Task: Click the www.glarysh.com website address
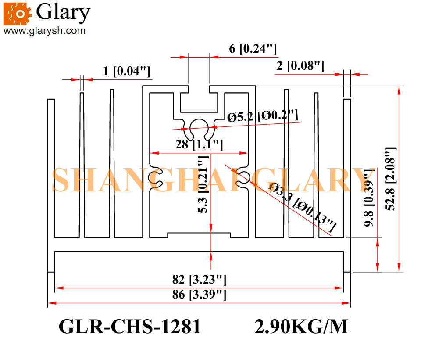coord(44,31)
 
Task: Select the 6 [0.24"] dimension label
coord(253,49)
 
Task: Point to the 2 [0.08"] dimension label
coord(300,66)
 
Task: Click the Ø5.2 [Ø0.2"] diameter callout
coord(263,117)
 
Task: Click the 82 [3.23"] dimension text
coord(199,280)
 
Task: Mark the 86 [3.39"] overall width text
coord(199,295)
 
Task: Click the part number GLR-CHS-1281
coord(129,327)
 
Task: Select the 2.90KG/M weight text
coord(301,327)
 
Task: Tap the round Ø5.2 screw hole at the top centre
coord(200,127)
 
